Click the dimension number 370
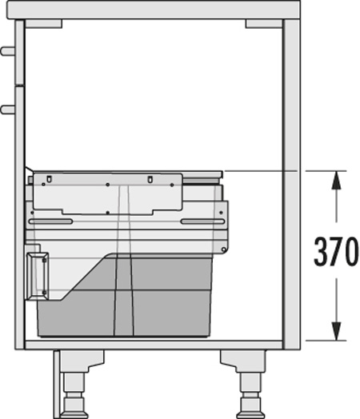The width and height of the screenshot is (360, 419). [x=336, y=251]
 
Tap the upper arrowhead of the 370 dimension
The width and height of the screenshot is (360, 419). [x=336, y=180]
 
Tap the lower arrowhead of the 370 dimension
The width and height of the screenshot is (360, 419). [x=336, y=331]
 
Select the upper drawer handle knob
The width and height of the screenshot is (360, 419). [x=7, y=51]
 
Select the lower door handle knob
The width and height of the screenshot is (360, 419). [x=7, y=110]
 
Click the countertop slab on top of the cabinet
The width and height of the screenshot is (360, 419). [x=153, y=10]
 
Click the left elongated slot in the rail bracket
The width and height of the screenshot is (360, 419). [x=50, y=221]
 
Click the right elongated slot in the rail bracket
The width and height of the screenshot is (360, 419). [x=203, y=221]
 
